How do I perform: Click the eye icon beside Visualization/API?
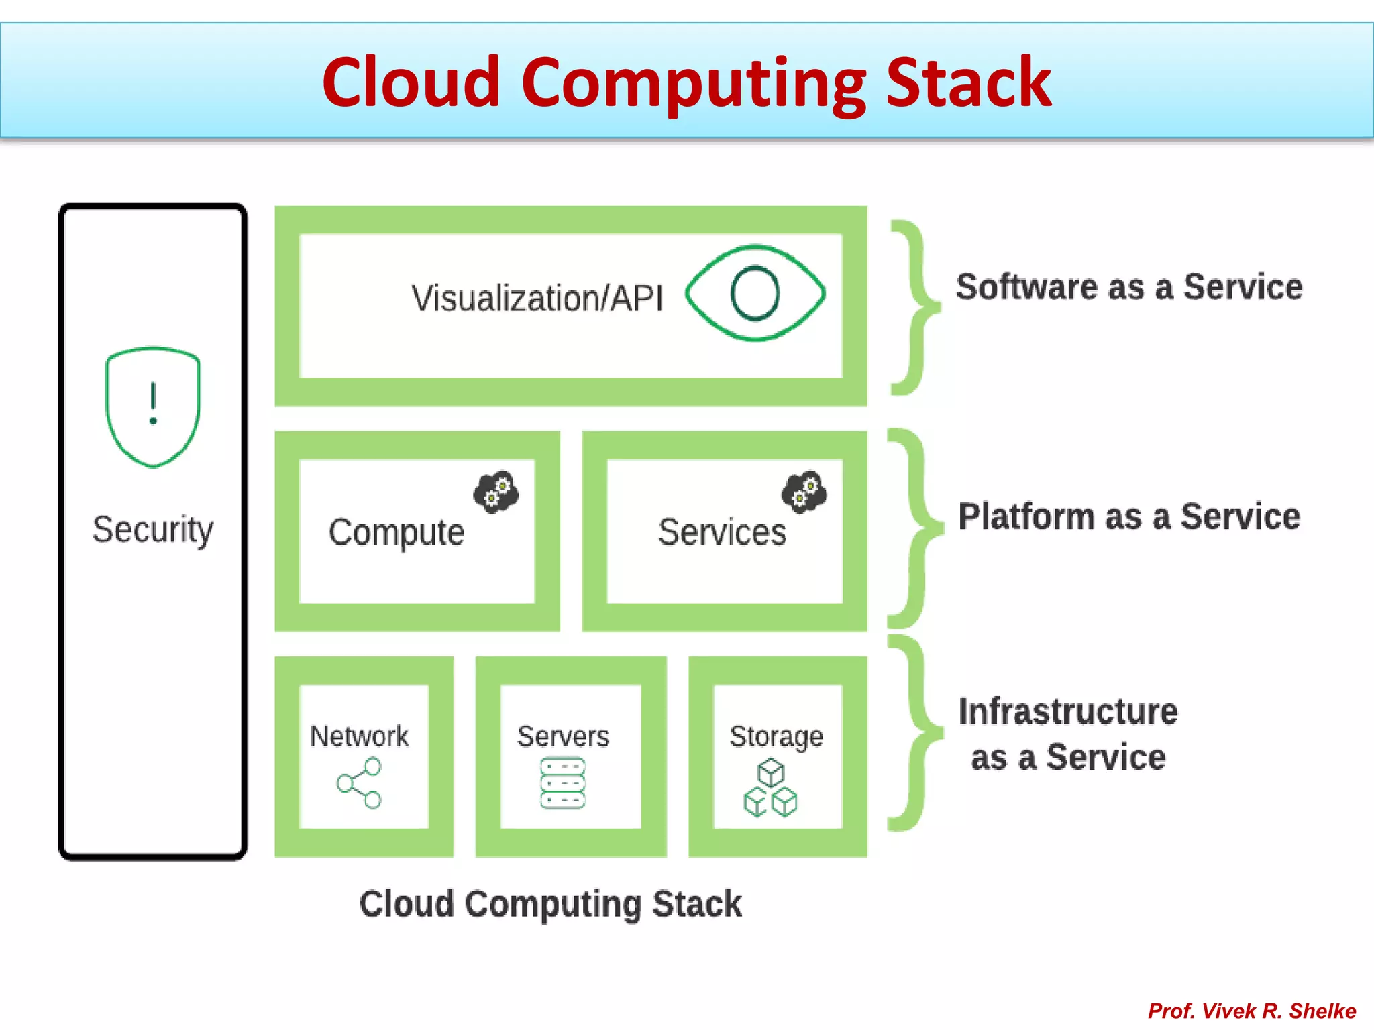(x=755, y=294)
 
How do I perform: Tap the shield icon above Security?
(x=153, y=406)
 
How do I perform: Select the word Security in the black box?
(x=153, y=530)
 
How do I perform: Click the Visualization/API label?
(x=537, y=298)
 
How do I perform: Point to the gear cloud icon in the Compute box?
(x=496, y=492)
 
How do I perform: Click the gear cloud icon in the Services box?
(x=804, y=492)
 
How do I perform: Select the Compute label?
(x=397, y=533)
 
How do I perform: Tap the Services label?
(x=722, y=533)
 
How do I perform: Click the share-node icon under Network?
(x=360, y=783)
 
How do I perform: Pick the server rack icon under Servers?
(x=563, y=783)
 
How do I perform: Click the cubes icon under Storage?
(x=770, y=787)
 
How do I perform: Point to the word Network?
(x=359, y=736)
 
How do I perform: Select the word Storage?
(x=776, y=737)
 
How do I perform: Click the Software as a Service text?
(x=1129, y=287)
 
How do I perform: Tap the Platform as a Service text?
(x=1129, y=516)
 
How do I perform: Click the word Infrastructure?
(x=1067, y=711)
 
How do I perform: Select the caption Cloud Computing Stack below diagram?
(x=550, y=904)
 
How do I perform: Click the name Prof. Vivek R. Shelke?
(x=1252, y=1011)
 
